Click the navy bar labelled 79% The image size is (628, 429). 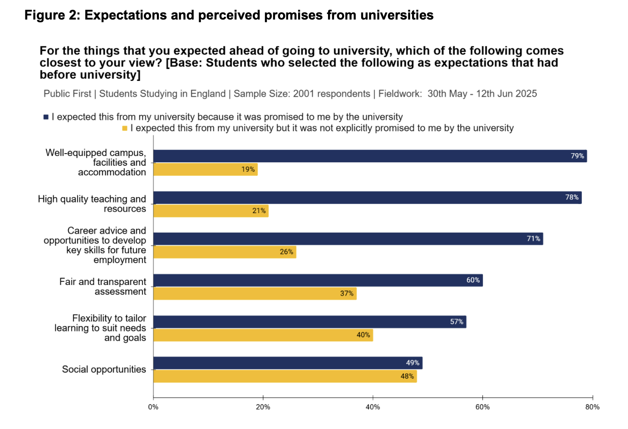pos(370,156)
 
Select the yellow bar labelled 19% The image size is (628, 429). pos(205,170)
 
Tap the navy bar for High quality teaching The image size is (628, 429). pos(367,198)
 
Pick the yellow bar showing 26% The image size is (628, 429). pos(225,252)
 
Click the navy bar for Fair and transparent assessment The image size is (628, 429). pos(318,280)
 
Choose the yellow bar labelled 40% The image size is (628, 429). pos(263,335)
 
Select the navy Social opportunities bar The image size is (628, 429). pos(288,363)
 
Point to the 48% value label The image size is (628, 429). pos(407,376)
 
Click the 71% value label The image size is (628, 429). pos(533,239)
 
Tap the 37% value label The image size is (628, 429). pos(347,294)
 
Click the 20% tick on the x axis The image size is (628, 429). pos(263,407)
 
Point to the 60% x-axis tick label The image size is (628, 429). pos(482,407)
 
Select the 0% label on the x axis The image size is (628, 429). pos(153,407)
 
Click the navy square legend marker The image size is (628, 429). pos(46,117)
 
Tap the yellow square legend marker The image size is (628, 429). pos(125,129)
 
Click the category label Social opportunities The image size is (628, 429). pos(104,369)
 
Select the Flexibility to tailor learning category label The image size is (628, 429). pos(100,328)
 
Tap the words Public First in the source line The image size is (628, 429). pos(67,94)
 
